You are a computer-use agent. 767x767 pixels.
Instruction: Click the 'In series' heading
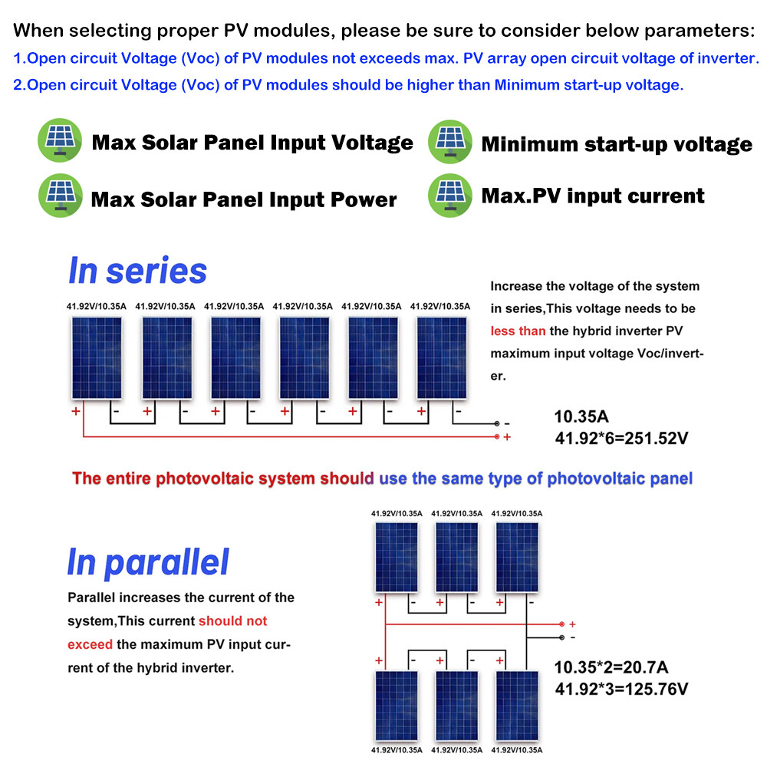click(x=137, y=270)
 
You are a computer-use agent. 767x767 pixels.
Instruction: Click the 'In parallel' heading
click(x=148, y=561)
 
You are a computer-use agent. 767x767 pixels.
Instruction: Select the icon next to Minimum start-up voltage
click(x=450, y=142)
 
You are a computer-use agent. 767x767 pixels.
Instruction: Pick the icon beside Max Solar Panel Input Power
click(x=60, y=197)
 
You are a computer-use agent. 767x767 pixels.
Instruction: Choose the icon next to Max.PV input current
click(x=450, y=195)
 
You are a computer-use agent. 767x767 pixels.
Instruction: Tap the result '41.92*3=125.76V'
click(x=621, y=688)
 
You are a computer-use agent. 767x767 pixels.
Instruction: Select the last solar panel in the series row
click(x=443, y=358)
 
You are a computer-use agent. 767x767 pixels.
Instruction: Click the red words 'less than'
click(x=518, y=331)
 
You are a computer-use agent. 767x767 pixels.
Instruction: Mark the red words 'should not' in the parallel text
click(x=232, y=621)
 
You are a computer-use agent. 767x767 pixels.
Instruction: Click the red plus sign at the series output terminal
click(x=507, y=436)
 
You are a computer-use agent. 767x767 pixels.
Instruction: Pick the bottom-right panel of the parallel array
click(x=517, y=706)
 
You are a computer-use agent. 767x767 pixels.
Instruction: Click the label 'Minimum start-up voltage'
click(x=617, y=143)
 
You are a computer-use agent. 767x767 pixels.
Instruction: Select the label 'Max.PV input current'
click(x=592, y=196)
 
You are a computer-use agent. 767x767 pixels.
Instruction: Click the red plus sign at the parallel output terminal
click(x=572, y=624)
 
